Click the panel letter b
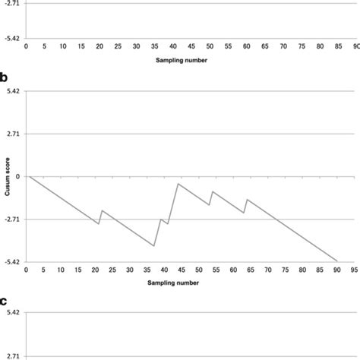[x=5, y=78]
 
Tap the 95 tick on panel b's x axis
[x=354, y=270]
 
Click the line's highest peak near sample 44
[x=178, y=184]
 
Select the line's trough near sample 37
[x=154, y=246]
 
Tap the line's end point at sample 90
[x=337, y=261]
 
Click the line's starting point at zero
[x=29, y=176]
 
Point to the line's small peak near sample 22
[x=102, y=210]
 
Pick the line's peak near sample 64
[x=247, y=199]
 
